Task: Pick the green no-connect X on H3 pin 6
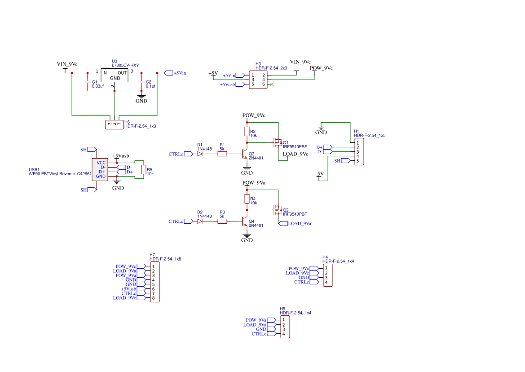pyautogui.click(x=271, y=84)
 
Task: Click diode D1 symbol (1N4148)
pyautogui.click(x=200, y=154)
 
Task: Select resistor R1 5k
pyautogui.click(x=222, y=154)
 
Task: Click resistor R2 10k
pyautogui.click(x=247, y=131)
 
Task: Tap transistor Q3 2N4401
pyautogui.click(x=244, y=154)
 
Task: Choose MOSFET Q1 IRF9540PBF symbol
pyautogui.click(x=277, y=142)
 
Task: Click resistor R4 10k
pyautogui.click(x=247, y=199)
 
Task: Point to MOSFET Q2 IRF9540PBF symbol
pyautogui.click(x=277, y=210)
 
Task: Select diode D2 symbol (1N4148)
pyautogui.click(x=200, y=221)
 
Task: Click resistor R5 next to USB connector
pyautogui.click(x=144, y=169)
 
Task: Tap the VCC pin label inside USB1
pyautogui.click(x=101, y=163)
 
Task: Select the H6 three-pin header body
pyautogui.click(x=115, y=124)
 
